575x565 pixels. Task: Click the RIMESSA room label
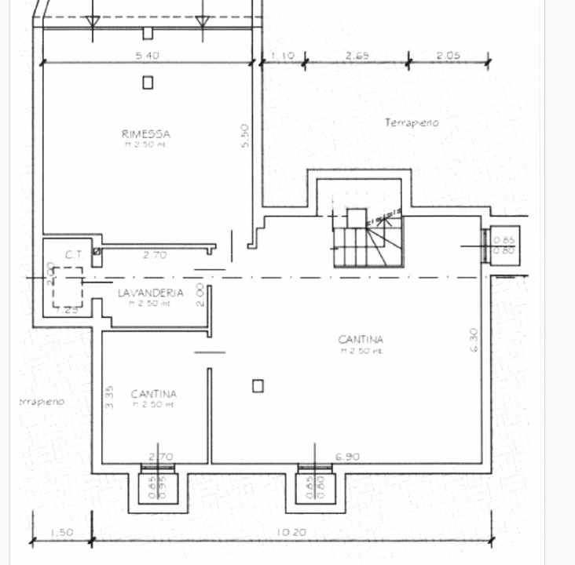point(146,134)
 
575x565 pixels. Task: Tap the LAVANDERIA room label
point(151,293)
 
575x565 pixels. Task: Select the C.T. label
point(74,254)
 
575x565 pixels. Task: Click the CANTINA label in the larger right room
point(361,340)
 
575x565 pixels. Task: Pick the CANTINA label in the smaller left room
point(154,394)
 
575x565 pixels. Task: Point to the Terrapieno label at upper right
point(412,123)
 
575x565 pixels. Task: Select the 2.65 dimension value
point(357,56)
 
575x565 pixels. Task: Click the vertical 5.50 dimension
point(245,137)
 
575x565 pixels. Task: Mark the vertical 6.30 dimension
point(474,339)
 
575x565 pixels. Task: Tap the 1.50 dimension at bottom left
point(62,532)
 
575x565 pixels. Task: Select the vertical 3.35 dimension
point(110,396)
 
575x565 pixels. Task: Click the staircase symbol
point(368,239)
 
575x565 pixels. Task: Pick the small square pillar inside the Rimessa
point(148,82)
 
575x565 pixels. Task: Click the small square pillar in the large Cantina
point(258,385)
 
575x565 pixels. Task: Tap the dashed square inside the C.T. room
point(68,287)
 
